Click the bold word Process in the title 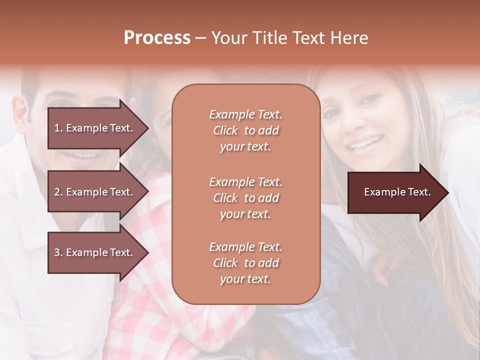157,38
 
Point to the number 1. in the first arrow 58,128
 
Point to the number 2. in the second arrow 58,192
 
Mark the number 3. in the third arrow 58,252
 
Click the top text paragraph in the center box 245,130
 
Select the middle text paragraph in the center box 245,198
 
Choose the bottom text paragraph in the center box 245,263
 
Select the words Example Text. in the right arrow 397,192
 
